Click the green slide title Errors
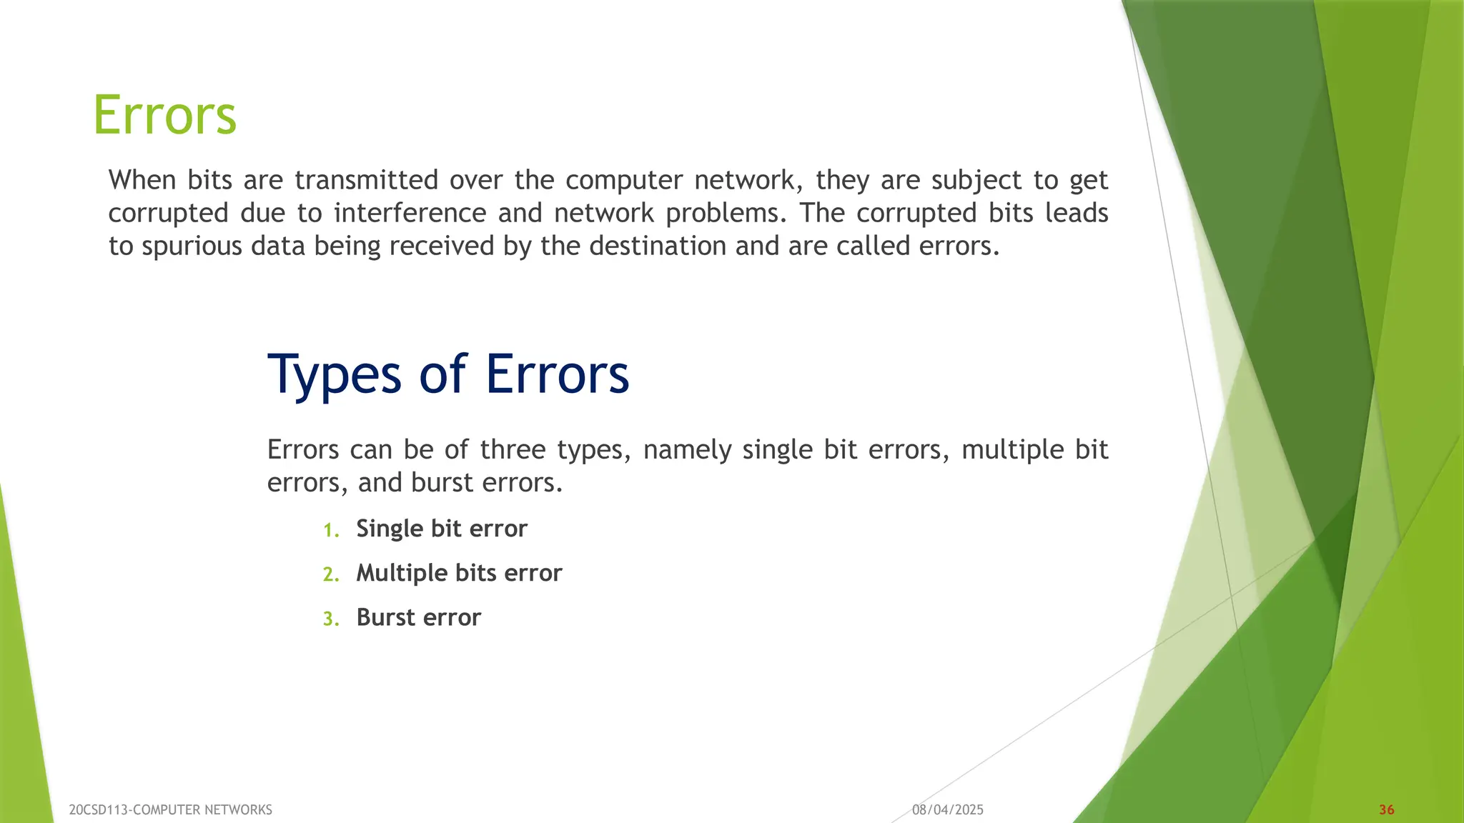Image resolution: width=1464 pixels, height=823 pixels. (164, 115)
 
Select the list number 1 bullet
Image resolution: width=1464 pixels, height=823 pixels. (330, 530)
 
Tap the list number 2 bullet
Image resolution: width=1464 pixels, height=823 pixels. (330, 574)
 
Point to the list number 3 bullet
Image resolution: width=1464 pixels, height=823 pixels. (330, 619)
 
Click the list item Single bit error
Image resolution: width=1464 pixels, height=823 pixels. (441, 529)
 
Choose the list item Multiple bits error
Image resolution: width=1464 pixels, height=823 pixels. (459, 573)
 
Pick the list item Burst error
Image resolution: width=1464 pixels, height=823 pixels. (418, 617)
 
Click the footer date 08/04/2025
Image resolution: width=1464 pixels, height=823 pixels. (947, 809)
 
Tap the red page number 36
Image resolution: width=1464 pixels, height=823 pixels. (1386, 809)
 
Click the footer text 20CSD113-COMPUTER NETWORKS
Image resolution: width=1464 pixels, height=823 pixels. (170, 809)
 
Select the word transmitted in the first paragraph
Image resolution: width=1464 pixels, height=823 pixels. (366, 180)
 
